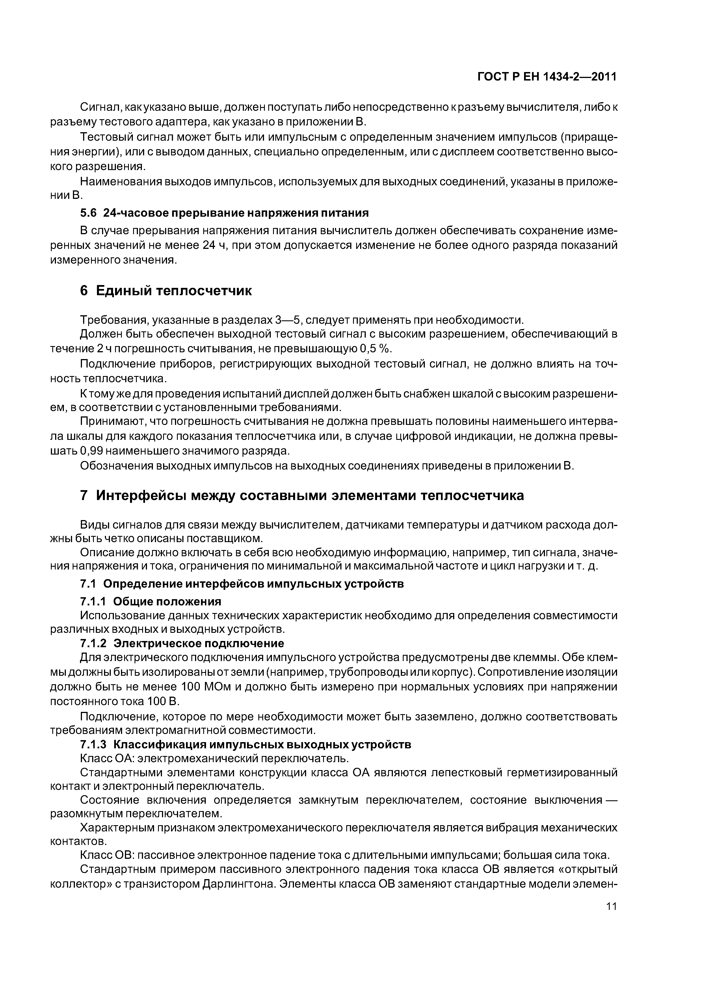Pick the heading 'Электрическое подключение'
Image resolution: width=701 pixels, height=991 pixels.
(x=199, y=644)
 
